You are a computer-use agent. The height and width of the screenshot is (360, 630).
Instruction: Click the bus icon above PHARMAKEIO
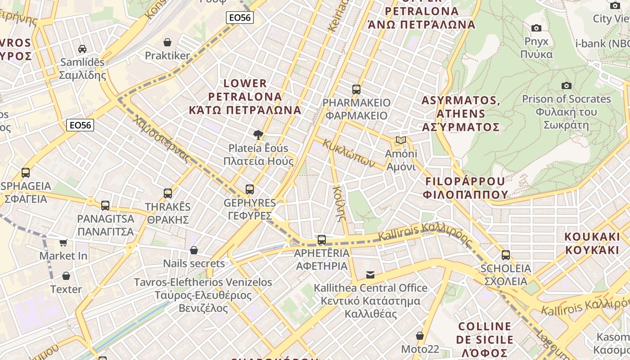pyautogui.click(x=356, y=89)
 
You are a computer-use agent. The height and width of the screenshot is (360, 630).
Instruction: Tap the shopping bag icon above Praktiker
pyautogui.click(x=167, y=42)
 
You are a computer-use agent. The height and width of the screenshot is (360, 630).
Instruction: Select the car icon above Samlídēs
pyautogui.click(x=82, y=49)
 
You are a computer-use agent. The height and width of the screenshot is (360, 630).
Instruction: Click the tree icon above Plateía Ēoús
pyautogui.click(x=258, y=134)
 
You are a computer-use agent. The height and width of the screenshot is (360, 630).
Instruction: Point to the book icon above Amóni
pyautogui.click(x=401, y=140)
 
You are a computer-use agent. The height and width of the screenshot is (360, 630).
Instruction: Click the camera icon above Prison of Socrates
pyautogui.click(x=567, y=85)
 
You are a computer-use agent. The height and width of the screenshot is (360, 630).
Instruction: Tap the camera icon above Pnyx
pyautogui.click(x=536, y=28)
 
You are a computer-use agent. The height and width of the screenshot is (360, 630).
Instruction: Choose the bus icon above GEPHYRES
pyautogui.click(x=250, y=189)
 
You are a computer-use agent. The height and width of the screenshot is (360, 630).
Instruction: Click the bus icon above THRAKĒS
pyautogui.click(x=168, y=193)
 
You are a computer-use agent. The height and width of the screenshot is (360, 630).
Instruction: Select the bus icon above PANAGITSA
pyautogui.click(x=105, y=205)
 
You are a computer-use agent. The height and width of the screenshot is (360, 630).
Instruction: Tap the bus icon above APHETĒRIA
pyautogui.click(x=322, y=239)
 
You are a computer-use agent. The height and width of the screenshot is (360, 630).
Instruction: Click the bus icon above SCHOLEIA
pyautogui.click(x=506, y=255)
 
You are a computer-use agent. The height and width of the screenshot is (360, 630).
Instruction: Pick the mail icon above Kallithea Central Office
pyautogui.click(x=370, y=274)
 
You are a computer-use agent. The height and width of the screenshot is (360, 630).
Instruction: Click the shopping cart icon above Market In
pyautogui.click(x=63, y=243)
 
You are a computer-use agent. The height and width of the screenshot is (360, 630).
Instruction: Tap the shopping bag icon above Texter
pyautogui.click(x=66, y=276)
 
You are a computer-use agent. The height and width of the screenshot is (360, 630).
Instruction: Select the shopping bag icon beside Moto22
pyautogui.click(x=420, y=336)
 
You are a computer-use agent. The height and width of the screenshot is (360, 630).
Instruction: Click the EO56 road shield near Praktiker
pyautogui.click(x=239, y=18)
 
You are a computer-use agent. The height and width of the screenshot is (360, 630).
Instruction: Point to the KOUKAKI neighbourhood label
pyautogui.click(x=592, y=243)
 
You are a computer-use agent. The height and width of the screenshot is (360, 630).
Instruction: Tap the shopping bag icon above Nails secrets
pyautogui.click(x=194, y=250)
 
